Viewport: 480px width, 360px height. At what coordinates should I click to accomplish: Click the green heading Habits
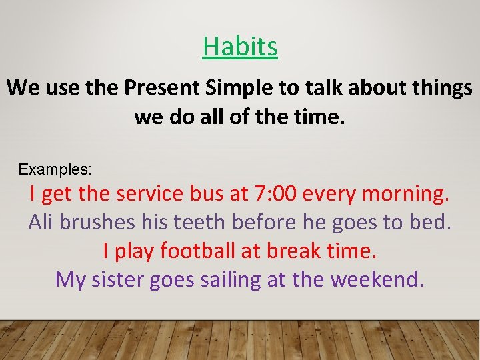pyautogui.click(x=240, y=47)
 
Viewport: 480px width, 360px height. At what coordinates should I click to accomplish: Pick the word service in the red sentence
pyautogui.click(x=147, y=194)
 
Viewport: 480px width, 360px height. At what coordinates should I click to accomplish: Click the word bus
pyautogui.click(x=203, y=194)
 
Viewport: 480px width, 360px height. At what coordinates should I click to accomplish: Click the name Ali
pyautogui.click(x=41, y=222)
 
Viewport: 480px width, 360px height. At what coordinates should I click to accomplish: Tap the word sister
pyautogui.click(x=121, y=279)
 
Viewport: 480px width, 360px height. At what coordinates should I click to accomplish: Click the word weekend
pyautogui.click(x=377, y=279)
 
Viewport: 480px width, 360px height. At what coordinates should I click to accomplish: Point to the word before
pyautogui.click(x=267, y=222)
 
